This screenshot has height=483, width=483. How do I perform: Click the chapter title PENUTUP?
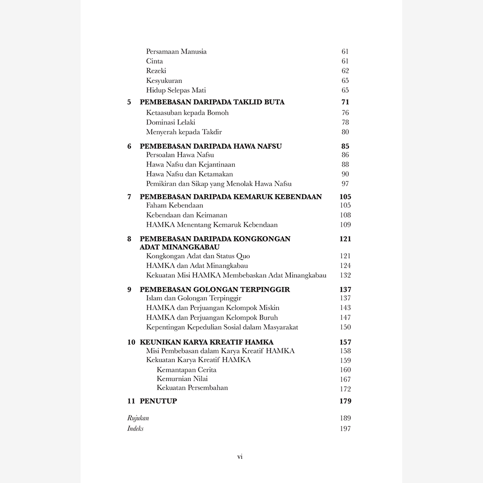point(158,401)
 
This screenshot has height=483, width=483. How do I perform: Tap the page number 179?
point(345,401)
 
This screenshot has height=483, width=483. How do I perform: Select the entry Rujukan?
point(138,418)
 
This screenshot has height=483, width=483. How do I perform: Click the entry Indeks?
point(136,429)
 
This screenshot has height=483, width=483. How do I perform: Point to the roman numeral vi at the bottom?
point(240,456)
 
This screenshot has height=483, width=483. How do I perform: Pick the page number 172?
point(345,389)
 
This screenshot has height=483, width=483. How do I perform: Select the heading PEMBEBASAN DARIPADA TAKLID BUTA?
point(212,102)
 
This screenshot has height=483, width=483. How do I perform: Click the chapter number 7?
point(129,197)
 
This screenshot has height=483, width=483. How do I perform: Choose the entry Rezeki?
point(156,71)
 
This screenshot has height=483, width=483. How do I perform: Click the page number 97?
point(345,184)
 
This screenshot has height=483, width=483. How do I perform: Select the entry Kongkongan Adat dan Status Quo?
point(198,256)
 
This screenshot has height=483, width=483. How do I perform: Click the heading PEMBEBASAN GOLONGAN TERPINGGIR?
point(215,289)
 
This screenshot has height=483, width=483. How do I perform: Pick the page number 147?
point(345,317)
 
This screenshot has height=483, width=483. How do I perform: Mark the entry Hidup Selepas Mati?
point(176,90)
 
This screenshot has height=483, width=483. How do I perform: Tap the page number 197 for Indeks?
point(345,429)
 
